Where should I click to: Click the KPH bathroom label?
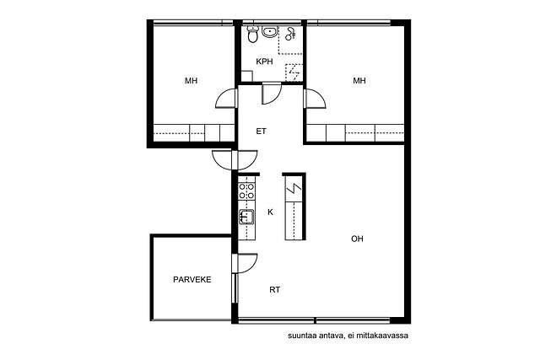[264, 62]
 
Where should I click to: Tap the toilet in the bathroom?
[252, 35]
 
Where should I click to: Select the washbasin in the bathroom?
[269, 32]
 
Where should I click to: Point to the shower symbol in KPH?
[290, 34]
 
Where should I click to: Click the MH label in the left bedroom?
[192, 81]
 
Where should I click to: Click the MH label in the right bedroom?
[359, 81]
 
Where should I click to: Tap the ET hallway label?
[261, 132]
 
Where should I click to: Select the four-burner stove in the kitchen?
[246, 191]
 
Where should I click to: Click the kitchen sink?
[246, 217]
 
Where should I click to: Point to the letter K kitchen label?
[270, 212]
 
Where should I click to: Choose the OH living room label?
[357, 239]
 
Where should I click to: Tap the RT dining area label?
[274, 290]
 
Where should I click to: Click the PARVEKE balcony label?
[192, 279]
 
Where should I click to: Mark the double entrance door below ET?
[235, 159]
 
